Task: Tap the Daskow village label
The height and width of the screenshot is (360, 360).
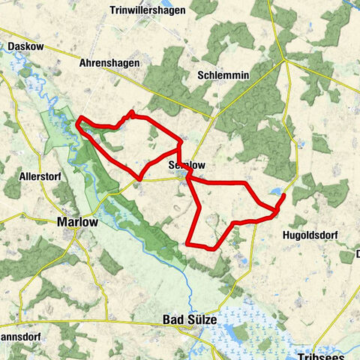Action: click(x=25, y=46)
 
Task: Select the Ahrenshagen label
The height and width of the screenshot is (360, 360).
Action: click(x=109, y=64)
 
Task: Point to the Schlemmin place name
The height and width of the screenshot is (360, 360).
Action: click(x=223, y=76)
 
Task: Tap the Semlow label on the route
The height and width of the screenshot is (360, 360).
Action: click(x=187, y=165)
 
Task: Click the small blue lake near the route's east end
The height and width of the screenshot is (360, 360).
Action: click(x=277, y=192)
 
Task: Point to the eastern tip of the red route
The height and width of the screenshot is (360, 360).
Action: click(x=283, y=196)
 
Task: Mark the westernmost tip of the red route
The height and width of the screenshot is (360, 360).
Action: click(x=77, y=123)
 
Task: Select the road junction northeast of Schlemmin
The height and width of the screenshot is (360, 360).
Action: click(x=286, y=59)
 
